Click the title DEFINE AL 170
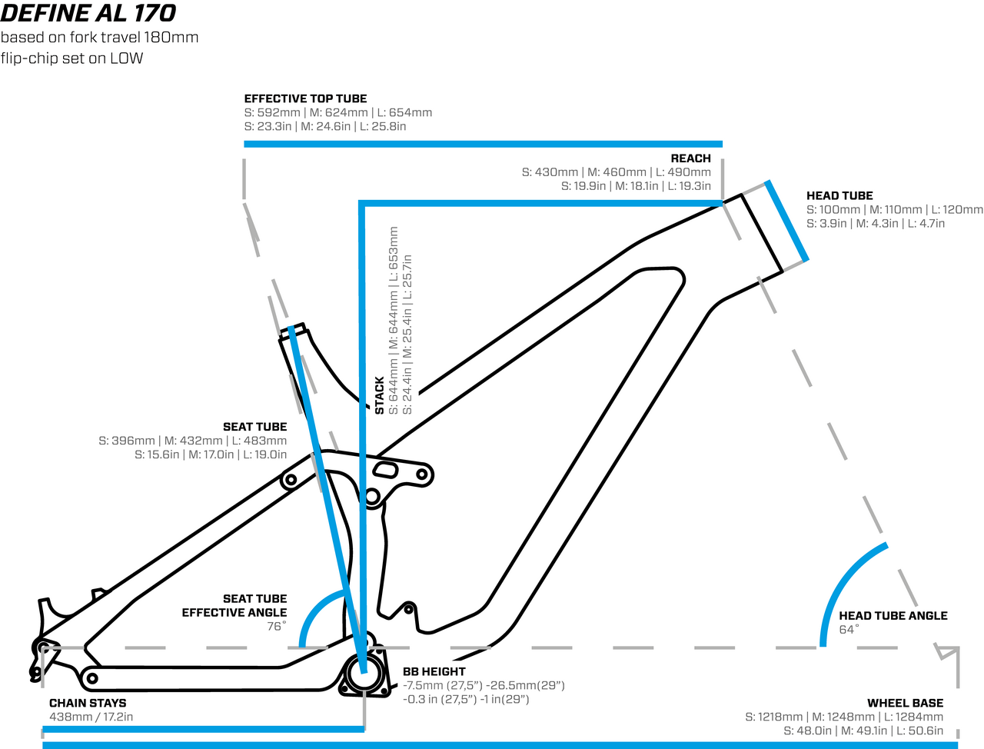pyautogui.click(x=88, y=13)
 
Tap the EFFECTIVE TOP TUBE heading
pyautogui.click(x=305, y=98)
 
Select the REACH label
pyautogui.click(x=690, y=158)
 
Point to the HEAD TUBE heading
pyautogui.click(x=839, y=196)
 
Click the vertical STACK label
pyautogui.click(x=380, y=395)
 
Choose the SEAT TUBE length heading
pyautogui.click(x=254, y=427)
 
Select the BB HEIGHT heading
pyautogui.click(x=434, y=671)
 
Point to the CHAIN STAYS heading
pyautogui.click(x=88, y=703)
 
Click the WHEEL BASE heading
pyautogui.click(x=905, y=703)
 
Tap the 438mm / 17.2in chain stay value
pyautogui.click(x=91, y=717)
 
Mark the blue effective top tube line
pyautogui.click(x=483, y=144)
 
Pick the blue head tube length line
pyautogui.click(x=786, y=221)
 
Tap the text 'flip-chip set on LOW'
pyautogui.click(x=71, y=58)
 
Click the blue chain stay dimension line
pyautogui.click(x=203, y=728)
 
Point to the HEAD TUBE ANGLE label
pyautogui.click(x=893, y=616)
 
